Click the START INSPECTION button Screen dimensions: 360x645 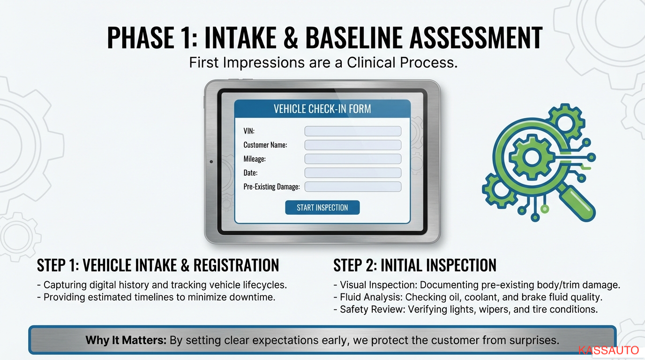click(x=322, y=208)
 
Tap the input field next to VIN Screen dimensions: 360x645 click(x=352, y=131)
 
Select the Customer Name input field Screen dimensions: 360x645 click(x=352, y=145)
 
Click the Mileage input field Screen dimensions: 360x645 click(x=352, y=159)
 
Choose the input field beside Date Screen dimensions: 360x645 click(x=352, y=173)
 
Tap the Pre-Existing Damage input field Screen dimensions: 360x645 click(x=352, y=187)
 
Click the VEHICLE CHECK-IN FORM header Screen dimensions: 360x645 click(x=322, y=109)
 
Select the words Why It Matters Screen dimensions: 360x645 click(x=126, y=340)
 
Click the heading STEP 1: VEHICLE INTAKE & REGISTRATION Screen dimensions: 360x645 click(x=158, y=265)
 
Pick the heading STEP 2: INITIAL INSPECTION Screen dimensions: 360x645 click(x=415, y=265)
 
